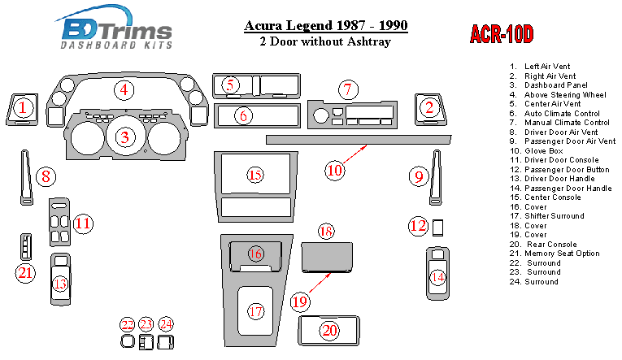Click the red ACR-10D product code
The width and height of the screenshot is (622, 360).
(x=502, y=33)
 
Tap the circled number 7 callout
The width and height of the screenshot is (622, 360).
(x=348, y=89)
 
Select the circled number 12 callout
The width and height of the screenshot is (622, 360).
(x=418, y=226)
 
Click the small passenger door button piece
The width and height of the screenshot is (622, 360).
(x=437, y=228)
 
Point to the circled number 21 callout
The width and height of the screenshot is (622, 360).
(x=25, y=273)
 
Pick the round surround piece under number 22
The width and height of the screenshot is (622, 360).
(x=128, y=342)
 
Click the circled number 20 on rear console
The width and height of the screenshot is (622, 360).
(x=330, y=330)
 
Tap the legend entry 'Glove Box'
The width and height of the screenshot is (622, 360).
(x=537, y=150)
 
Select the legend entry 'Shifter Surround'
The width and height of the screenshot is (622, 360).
(x=546, y=216)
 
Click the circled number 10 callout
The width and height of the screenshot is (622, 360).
(x=334, y=171)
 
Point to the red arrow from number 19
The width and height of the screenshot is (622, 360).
(x=320, y=283)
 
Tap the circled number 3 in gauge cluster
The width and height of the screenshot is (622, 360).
(x=125, y=137)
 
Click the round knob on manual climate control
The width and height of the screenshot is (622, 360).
(x=321, y=116)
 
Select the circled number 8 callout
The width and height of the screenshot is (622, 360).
(x=46, y=176)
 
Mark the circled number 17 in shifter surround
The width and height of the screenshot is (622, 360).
(x=256, y=311)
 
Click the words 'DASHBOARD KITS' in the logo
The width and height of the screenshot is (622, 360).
(x=116, y=45)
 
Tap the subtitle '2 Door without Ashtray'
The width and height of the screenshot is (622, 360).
(x=325, y=41)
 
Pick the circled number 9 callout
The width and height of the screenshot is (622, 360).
(x=419, y=176)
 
